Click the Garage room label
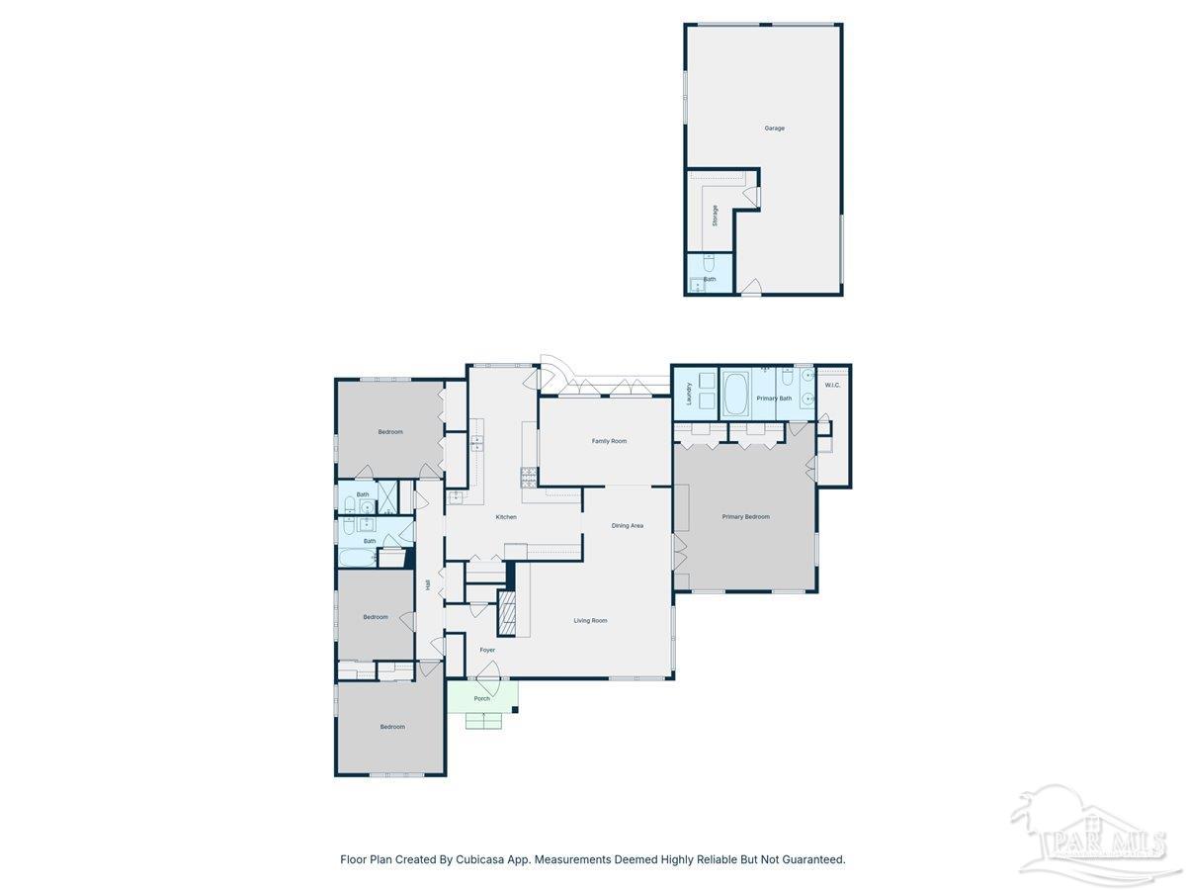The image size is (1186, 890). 774,128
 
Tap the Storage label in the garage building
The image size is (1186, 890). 715,215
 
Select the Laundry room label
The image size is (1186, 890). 689,393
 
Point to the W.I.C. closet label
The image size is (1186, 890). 832,385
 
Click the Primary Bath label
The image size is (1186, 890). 774,399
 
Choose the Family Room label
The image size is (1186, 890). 609,441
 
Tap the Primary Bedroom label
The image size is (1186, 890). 745,516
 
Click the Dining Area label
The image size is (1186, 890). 627,525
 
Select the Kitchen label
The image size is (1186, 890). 506,517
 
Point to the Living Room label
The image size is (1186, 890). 590,620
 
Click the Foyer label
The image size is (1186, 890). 487,650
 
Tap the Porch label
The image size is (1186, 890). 481,698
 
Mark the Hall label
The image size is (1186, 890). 428,584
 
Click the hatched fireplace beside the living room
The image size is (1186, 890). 507,613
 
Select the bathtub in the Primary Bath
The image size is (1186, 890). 735,394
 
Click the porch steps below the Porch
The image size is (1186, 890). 483,721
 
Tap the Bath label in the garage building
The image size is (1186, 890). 710,279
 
